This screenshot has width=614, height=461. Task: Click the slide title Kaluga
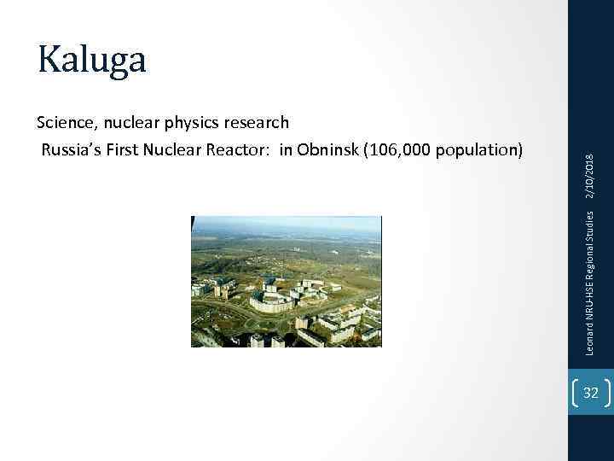tap(92, 60)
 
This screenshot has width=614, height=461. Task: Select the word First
tap(130, 151)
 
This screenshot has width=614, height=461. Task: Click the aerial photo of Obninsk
tap(287, 282)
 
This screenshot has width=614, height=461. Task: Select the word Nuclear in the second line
tap(180, 151)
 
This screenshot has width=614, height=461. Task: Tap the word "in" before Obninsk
tap(287, 151)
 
